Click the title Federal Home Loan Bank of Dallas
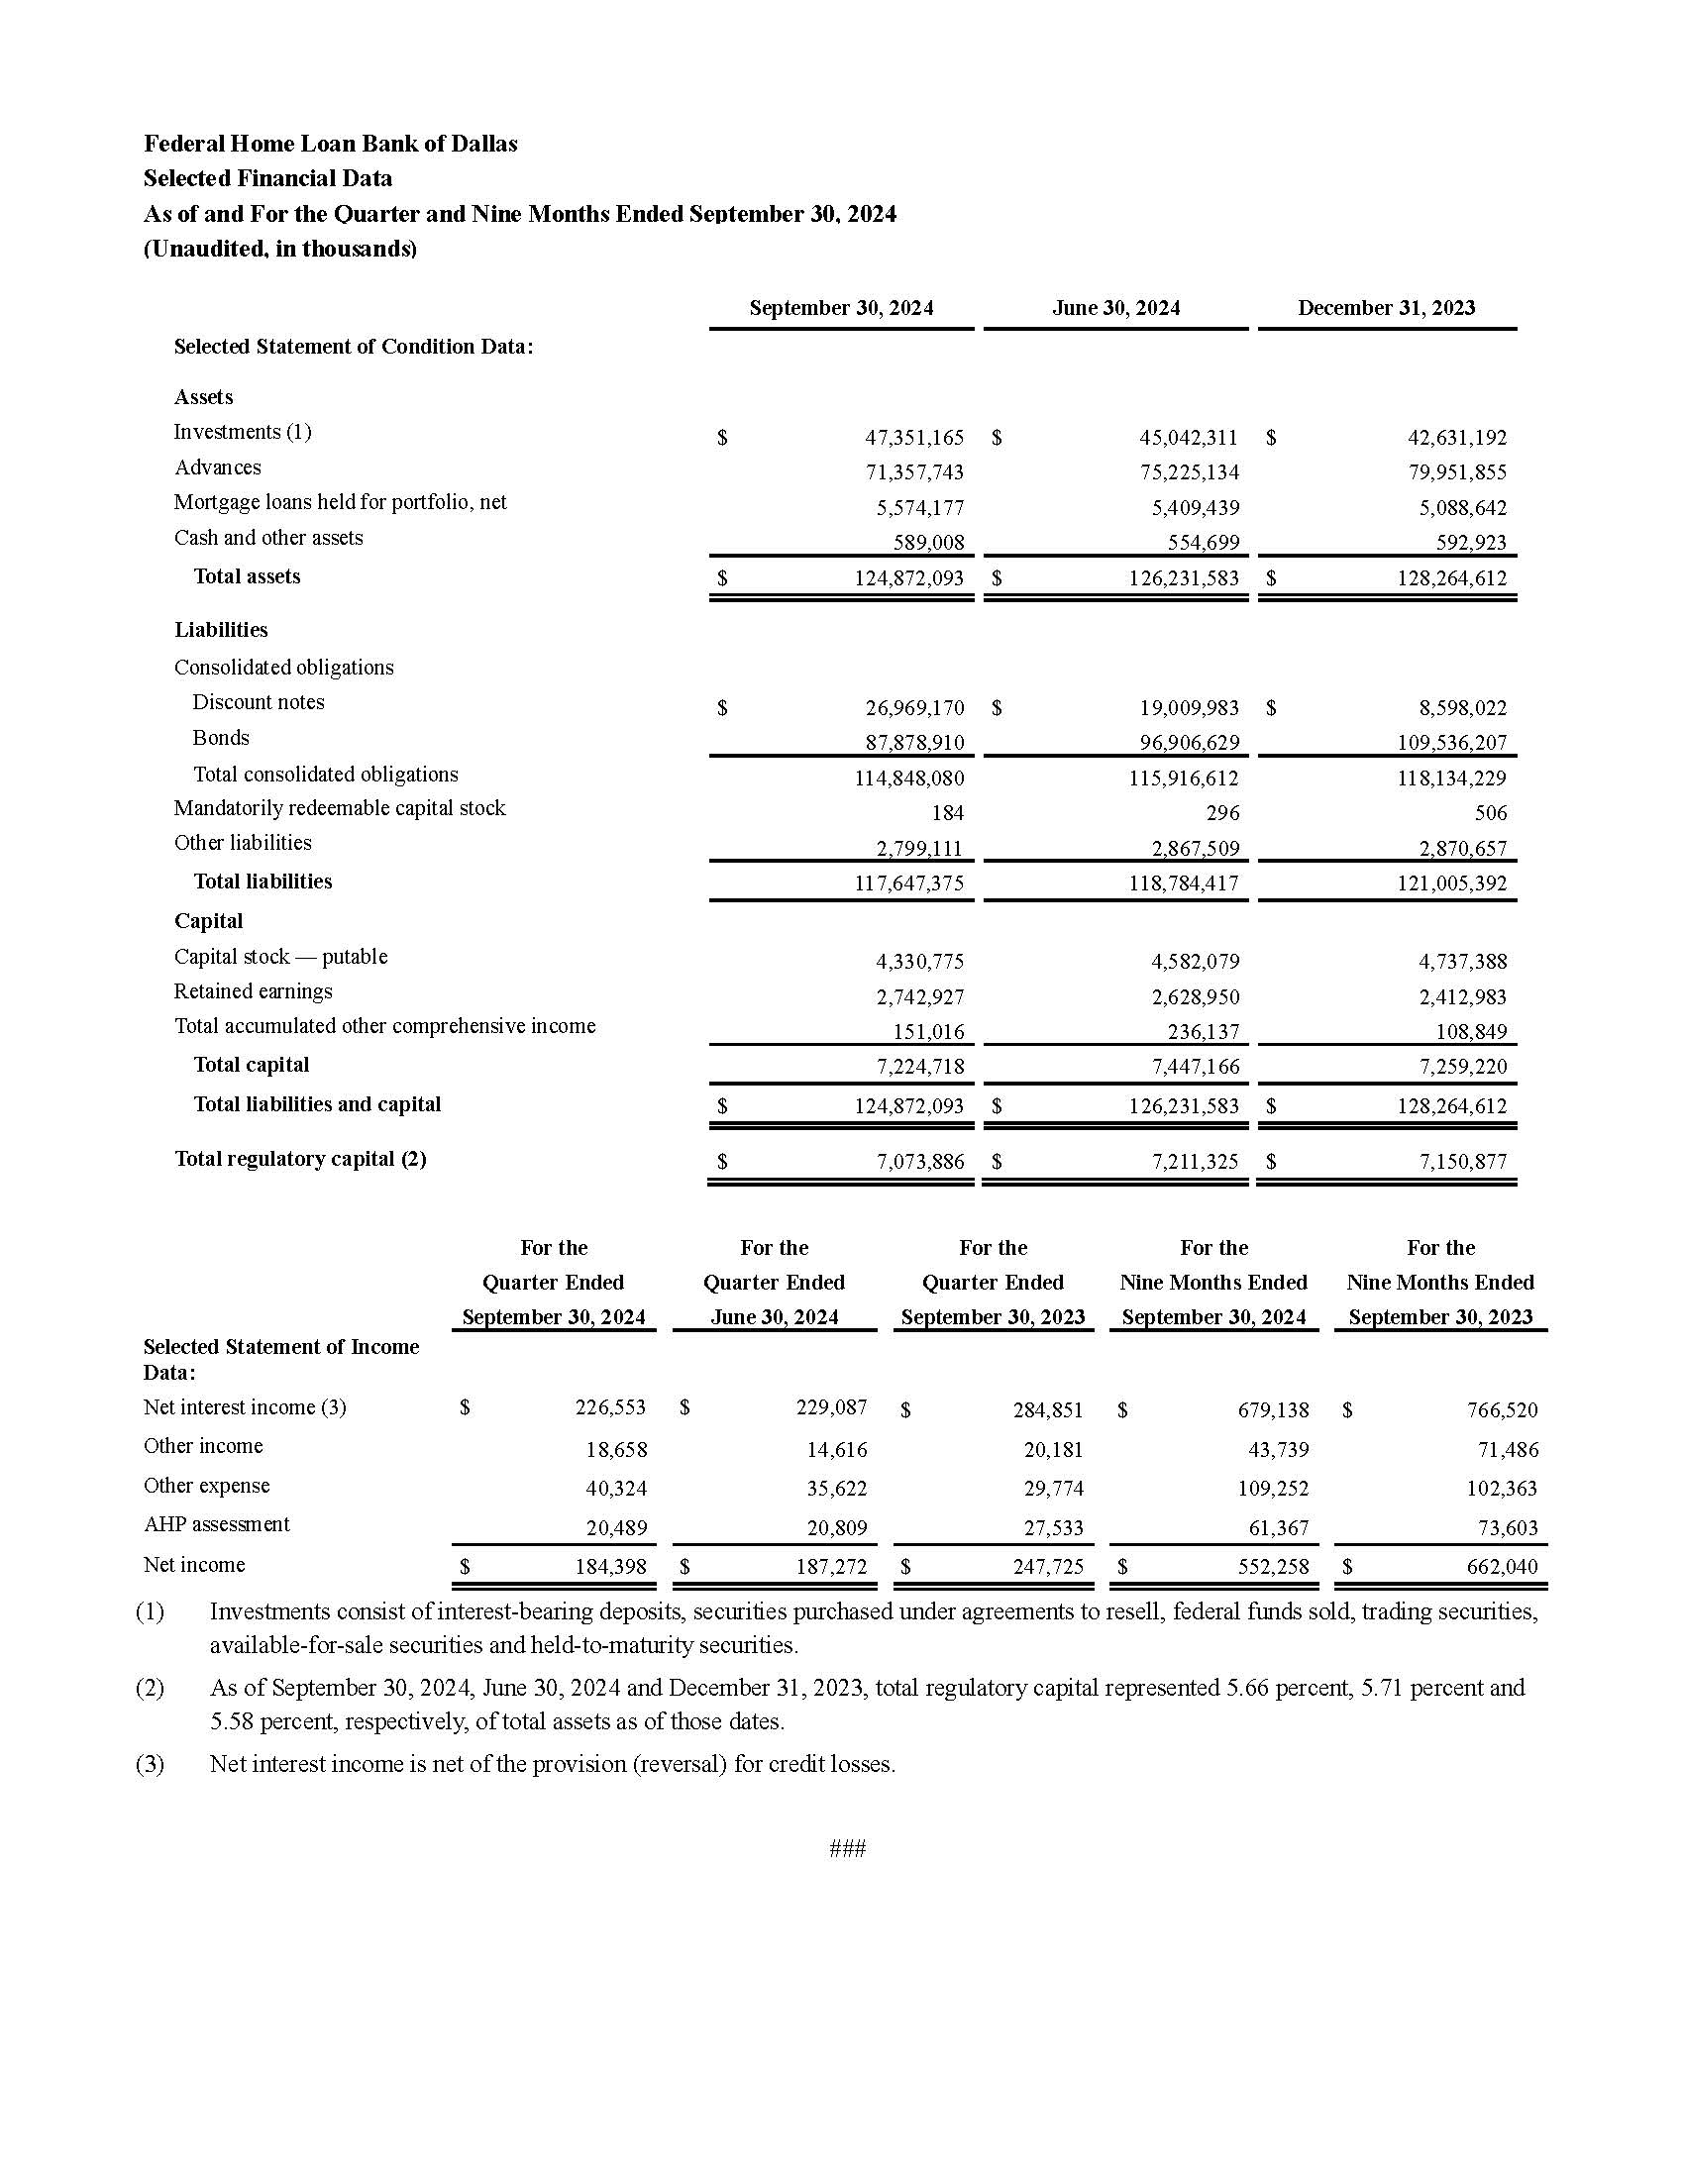click(330, 144)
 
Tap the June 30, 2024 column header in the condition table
click(1115, 308)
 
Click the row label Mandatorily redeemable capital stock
click(339, 808)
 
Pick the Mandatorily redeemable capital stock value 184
click(947, 813)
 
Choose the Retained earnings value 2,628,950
click(1196, 996)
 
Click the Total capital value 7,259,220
click(1462, 1067)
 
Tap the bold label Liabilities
click(221, 630)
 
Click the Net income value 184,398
click(610, 1567)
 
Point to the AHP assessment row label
click(217, 1524)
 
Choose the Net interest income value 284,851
click(1047, 1409)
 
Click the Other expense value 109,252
click(1273, 1489)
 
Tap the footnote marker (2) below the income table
click(150, 1688)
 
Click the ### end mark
click(847, 1849)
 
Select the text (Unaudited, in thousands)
click(279, 249)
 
